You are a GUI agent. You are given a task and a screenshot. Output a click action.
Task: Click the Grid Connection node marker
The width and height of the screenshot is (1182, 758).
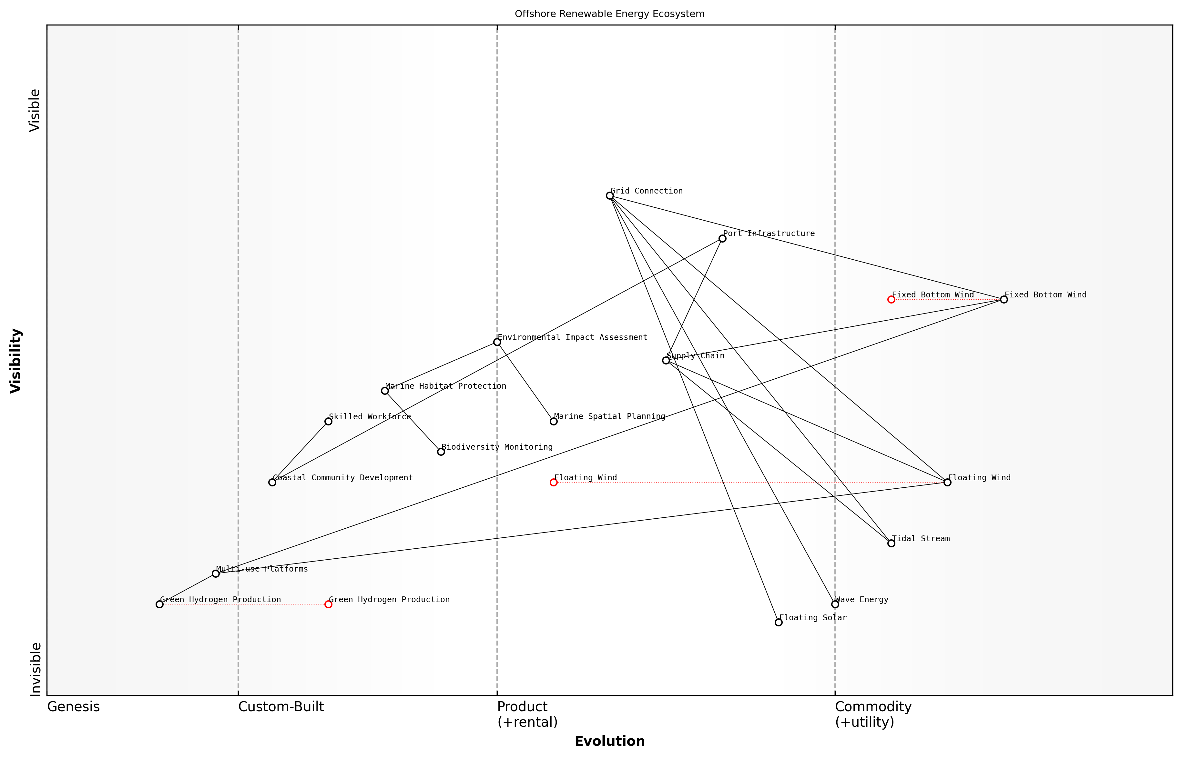point(610,196)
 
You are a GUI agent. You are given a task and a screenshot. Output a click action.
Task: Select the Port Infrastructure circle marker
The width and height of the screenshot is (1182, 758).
point(722,239)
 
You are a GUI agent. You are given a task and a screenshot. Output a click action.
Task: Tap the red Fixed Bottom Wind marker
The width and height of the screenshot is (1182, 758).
point(892,300)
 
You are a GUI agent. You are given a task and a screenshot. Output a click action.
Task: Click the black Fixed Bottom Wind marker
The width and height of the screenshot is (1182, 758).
point(1004,300)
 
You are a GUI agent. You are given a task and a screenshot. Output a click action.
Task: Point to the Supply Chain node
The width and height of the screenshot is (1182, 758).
point(666,361)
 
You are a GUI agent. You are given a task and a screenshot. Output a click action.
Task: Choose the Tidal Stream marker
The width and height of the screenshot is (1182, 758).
point(892,544)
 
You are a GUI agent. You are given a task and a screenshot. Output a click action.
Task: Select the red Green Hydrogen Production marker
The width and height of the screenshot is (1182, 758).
point(329,604)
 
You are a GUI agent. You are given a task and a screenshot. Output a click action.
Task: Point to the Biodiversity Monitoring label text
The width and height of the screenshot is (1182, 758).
point(497,447)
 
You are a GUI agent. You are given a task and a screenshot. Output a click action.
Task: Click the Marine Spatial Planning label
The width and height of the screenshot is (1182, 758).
point(610,417)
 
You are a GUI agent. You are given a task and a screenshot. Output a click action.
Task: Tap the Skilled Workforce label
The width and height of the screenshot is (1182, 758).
point(370,417)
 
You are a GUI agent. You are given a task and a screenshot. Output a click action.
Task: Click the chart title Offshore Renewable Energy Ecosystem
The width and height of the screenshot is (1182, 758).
point(610,14)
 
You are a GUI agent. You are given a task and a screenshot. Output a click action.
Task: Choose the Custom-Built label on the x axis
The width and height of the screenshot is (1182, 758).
point(281,707)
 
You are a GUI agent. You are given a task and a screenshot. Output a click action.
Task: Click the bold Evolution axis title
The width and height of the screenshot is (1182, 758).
point(610,742)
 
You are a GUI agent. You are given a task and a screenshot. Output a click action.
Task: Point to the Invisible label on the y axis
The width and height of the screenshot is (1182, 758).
point(36,669)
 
